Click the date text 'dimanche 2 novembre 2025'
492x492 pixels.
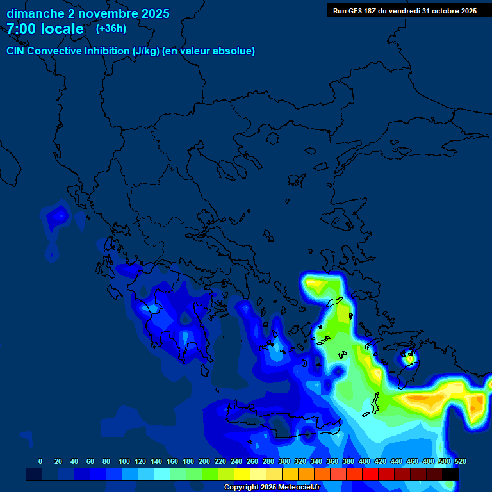(x=88, y=13)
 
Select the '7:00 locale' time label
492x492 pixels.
(x=45, y=29)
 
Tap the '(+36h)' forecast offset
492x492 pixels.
(x=111, y=28)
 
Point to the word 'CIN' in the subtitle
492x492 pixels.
(x=17, y=51)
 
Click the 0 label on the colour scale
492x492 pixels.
(x=40, y=461)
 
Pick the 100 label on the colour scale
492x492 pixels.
(x=124, y=461)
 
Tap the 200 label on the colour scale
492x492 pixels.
(x=204, y=461)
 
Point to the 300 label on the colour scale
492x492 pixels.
(x=284, y=461)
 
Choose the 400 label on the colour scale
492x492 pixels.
(x=365, y=461)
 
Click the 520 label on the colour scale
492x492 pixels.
(x=460, y=461)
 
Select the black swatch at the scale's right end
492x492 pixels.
(x=450, y=474)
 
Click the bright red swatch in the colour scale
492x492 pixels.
(x=370, y=474)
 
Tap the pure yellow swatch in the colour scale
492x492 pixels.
(x=242, y=474)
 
